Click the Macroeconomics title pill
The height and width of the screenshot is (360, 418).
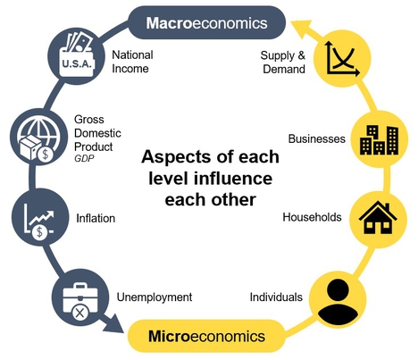(206, 22)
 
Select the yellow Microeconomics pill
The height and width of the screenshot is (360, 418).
(206, 336)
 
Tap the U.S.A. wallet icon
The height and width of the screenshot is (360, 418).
(77, 56)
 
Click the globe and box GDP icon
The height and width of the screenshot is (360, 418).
(38, 137)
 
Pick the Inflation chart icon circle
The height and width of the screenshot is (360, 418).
(40, 217)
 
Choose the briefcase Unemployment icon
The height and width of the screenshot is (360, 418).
(80, 297)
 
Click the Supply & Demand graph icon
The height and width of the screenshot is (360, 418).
(342, 58)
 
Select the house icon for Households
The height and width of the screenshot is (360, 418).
(378, 219)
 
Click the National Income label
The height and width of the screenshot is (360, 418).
(132, 62)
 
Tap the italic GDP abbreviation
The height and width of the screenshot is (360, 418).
(84, 158)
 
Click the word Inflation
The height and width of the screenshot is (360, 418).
(96, 218)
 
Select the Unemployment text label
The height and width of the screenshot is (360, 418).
(155, 297)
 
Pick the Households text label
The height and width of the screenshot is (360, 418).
(312, 217)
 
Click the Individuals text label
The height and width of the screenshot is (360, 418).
(276, 297)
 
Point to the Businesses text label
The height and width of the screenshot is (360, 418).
(317, 138)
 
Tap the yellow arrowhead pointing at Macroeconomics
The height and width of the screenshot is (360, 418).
(301, 28)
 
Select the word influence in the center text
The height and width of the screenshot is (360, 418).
(233, 178)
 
